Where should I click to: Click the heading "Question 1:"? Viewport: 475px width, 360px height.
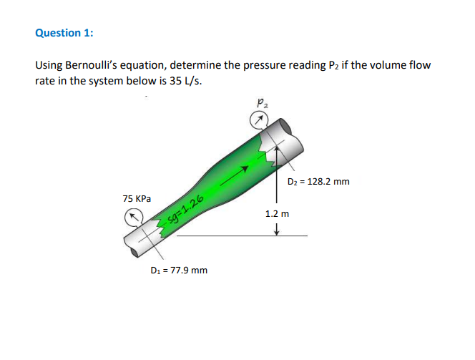pyautogui.click(x=64, y=33)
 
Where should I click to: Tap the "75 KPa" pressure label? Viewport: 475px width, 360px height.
pyautogui.click(x=137, y=198)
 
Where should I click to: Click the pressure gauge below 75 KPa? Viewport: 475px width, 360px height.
pyautogui.click(x=133, y=215)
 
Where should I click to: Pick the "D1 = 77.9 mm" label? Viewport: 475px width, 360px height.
pyautogui.click(x=179, y=270)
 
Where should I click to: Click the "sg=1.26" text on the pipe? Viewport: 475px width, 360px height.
pyautogui.click(x=187, y=208)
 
